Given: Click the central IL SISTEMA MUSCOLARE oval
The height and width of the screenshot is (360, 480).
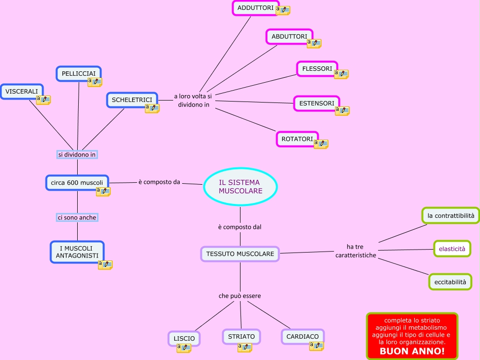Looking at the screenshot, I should pos(240,186).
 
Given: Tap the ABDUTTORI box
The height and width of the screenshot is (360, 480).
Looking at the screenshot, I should pos(289,36).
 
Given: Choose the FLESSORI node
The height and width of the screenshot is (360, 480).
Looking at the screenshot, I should pos(317,68).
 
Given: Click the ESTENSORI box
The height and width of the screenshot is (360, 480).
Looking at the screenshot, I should pos(316,103).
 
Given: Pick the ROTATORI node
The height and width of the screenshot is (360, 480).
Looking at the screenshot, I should pos(297,139).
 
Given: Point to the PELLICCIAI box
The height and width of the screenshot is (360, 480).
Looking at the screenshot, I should pos(78,73).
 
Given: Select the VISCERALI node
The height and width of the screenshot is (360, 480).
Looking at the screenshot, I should pos(22,91).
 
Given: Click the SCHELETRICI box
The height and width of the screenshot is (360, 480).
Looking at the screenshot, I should pos(132,100).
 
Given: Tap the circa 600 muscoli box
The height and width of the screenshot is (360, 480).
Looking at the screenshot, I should pos(77,182).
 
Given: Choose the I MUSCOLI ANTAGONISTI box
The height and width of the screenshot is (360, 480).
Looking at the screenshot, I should pos(77,251).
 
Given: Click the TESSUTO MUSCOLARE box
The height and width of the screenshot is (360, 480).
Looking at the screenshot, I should pos(240,254).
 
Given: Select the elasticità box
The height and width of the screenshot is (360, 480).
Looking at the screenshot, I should pos(452,249).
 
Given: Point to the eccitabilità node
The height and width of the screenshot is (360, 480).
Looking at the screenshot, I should pos(450,282).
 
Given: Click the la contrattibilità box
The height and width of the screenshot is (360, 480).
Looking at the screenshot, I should pos(450,215).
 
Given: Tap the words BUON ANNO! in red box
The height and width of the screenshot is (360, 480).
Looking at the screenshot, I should pos(412,351).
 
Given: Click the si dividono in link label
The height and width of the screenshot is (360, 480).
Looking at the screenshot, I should pos(77,154).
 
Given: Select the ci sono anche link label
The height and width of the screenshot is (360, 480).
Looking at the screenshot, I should pos(77,217).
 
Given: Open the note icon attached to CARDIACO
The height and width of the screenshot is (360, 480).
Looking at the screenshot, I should pos(316,346).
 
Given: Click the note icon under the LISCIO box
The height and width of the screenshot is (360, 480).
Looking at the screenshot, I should pos(184,348).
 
